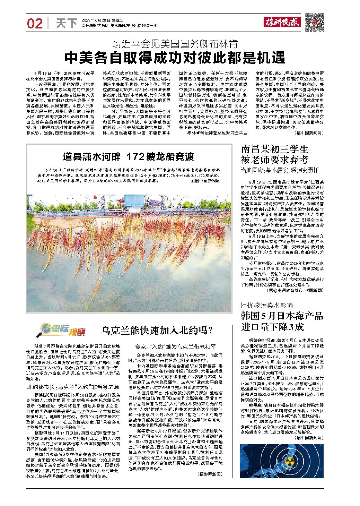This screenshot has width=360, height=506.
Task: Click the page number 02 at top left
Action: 35,24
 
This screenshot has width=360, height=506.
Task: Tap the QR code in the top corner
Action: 314,22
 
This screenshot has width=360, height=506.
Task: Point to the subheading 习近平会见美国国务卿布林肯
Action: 175,44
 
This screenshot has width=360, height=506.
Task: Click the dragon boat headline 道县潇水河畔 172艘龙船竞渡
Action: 129,157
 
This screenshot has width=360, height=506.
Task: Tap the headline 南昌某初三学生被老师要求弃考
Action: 275,155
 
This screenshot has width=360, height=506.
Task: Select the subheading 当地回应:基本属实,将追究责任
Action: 280,170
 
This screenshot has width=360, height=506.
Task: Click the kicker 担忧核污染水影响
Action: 267,306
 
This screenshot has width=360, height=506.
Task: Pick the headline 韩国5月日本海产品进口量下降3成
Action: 282,321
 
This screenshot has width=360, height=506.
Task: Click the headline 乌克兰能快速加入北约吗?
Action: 156,330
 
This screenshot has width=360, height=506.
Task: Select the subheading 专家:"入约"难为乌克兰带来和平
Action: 175,347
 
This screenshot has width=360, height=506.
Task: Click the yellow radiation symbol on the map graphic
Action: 290,461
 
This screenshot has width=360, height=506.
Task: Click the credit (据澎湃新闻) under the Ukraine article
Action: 210,474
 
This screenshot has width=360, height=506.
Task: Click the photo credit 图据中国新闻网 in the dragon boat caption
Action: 205,180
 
